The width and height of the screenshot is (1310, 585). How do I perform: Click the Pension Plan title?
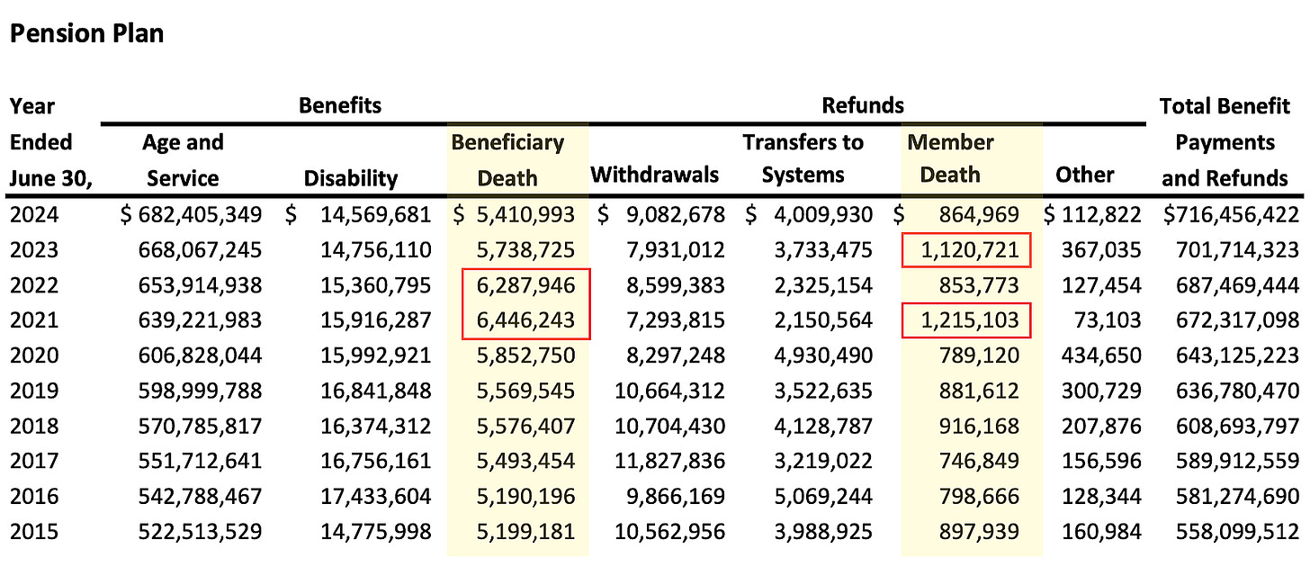click(x=86, y=34)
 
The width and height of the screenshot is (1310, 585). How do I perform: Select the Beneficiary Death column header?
click(x=507, y=160)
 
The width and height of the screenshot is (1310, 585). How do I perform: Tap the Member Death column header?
click(x=950, y=160)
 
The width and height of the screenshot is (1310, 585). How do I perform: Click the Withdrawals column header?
click(x=654, y=175)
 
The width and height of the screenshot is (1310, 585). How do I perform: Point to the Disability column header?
click(x=350, y=178)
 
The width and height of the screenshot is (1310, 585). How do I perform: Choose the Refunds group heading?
click(x=862, y=105)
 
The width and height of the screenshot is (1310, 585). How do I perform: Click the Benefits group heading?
click(x=340, y=105)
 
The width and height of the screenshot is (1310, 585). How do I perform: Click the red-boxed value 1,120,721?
click(x=967, y=250)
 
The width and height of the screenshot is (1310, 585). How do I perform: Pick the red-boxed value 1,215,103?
click(x=967, y=320)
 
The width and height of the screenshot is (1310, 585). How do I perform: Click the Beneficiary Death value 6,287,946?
click(x=526, y=285)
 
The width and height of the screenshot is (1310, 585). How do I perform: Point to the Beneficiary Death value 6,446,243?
click(x=526, y=320)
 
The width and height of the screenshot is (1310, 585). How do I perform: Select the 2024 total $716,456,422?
click(x=1230, y=215)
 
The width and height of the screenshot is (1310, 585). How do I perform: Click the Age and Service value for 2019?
click(x=200, y=391)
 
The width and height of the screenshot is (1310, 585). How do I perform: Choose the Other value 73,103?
click(x=1108, y=320)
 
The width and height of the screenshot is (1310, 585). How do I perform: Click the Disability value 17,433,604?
click(x=375, y=496)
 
